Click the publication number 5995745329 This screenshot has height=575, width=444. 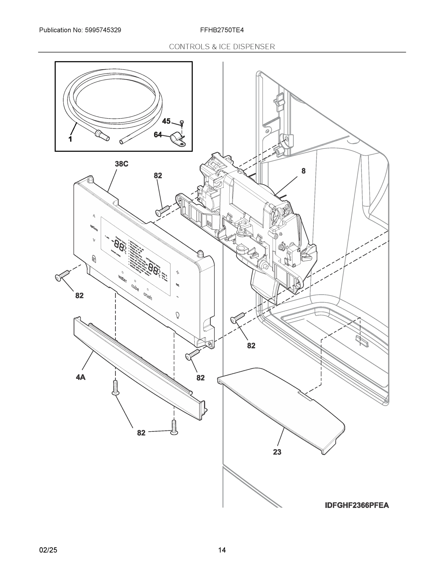pos(103,30)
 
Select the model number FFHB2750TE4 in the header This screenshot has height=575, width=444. pos(222,30)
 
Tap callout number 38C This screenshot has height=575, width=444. pos(122,164)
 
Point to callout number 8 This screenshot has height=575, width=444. pos(303,171)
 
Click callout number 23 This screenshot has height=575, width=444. pos(277,452)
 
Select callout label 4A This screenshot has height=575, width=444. pos(80,377)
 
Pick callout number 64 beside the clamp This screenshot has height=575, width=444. pos(158,135)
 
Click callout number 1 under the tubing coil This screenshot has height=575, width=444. pos(70,139)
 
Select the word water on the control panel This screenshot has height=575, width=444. pos(123,279)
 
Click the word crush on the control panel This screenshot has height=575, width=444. pos(148,296)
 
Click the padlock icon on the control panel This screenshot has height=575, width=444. pos(94,258)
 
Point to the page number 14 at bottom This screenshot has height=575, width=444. pos(222,550)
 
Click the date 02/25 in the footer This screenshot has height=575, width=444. pos(48,550)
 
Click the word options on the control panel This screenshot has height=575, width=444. pos(94,228)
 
